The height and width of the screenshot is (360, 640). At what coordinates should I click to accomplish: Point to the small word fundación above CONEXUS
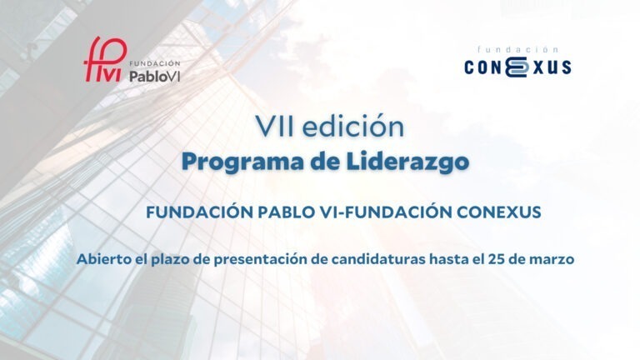pyautogui.click(x=517, y=50)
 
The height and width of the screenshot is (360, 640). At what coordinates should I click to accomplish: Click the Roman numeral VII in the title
pyautogui.click(x=276, y=127)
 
